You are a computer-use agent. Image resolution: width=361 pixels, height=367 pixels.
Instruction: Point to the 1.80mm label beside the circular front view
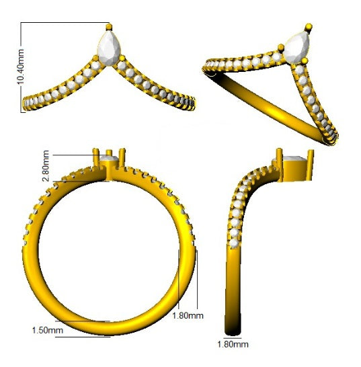(188, 315)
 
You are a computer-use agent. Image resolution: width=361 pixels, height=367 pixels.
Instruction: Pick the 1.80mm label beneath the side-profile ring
(233, 345)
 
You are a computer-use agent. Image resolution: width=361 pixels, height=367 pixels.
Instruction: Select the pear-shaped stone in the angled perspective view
(296, 48)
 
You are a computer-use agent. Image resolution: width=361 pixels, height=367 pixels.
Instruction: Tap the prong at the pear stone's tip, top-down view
(109, 26)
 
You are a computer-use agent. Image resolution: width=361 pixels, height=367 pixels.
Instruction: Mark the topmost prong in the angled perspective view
(309, 27)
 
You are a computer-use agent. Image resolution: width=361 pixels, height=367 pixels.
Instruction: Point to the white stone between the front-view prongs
(110, 161)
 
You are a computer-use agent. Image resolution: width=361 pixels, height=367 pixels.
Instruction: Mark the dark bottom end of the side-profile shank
(233, 327)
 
